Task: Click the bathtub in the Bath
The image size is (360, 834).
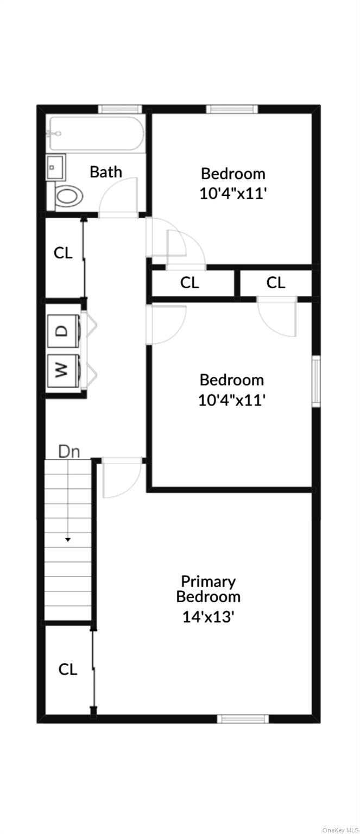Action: [x=96, y=133]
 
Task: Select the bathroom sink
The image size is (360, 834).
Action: [x=56, y=168]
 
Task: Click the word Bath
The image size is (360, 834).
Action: [x=106, y=172]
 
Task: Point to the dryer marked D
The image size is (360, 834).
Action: [x=64, y=330]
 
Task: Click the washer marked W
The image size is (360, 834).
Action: [x=64, y=370]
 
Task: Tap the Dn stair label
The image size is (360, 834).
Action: [x=70, y=452]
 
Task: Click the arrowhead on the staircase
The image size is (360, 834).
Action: [x=68, y=539]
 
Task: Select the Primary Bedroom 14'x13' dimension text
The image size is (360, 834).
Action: [x=208, y=617]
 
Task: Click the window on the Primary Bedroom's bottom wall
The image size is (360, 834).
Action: [x=243, y=718]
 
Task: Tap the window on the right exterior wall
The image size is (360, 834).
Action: [x=316, y=381]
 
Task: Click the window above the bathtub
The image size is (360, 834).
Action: [x=120, y=109]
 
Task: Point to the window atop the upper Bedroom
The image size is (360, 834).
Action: [x=232, y=109]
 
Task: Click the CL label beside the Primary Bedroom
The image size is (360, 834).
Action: [x=68, y=670]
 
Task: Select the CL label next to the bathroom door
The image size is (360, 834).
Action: [x=63, y=254]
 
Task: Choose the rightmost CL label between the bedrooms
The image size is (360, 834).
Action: [x=275, y=283]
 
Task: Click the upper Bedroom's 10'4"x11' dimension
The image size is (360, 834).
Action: [x=233, y=194]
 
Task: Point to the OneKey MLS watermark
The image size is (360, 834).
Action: [x=340, y=830]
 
